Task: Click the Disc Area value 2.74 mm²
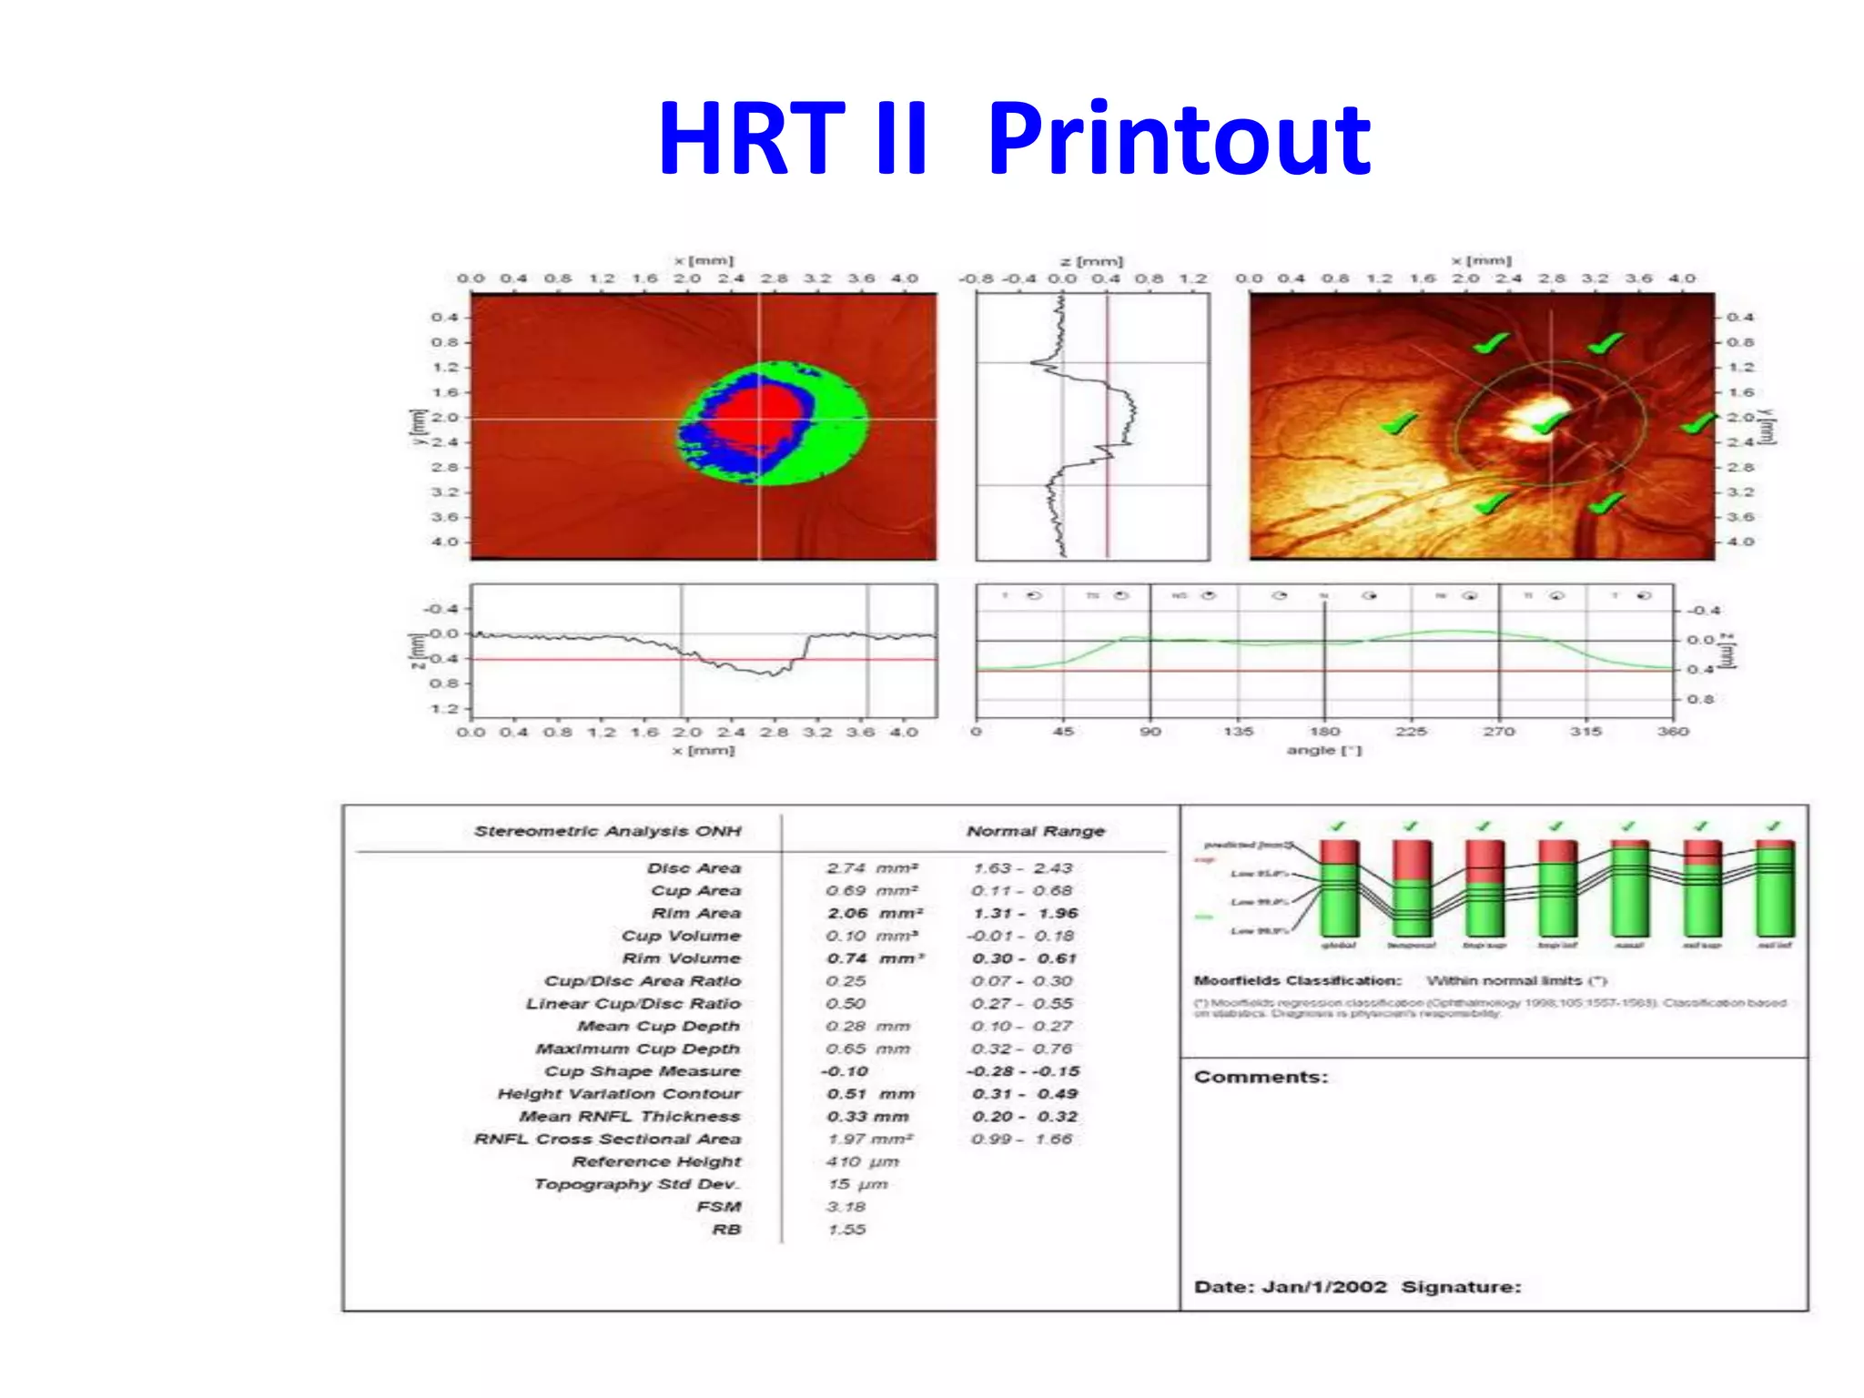click(871, 868)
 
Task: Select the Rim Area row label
click(695, 913)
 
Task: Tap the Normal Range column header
click(1035, 831)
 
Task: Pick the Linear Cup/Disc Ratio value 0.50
click(846, 1003)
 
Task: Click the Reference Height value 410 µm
click(861, 1161)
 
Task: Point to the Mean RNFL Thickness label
click(629, 1116)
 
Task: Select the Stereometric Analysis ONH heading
click(607, 831)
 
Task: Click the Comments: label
click(1261, 1077)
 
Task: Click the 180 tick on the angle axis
click(1324, 731)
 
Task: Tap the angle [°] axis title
click(1323, 750)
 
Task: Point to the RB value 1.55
click(846, 1230)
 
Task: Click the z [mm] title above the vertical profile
click(1091, 261)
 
